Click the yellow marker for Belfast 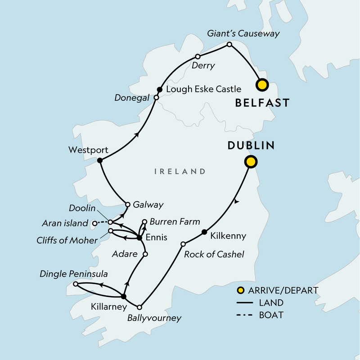click(261, 84)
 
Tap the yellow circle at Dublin click(250, 162)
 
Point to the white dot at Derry click(198, 57)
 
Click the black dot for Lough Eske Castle click(159, 89)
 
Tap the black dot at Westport click(100, 160)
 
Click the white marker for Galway click(128, 204)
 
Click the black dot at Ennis click(139, 237)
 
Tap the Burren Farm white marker click(144, 222)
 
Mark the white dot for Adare click(145, 254)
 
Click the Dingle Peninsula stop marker click(76, 284)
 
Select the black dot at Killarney click(123, 296)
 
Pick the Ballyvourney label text click(154, 318)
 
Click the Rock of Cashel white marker click(183, 244)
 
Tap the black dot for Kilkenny click(204, 232)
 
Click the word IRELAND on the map click(180, 171)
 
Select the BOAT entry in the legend click(271, 315)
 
